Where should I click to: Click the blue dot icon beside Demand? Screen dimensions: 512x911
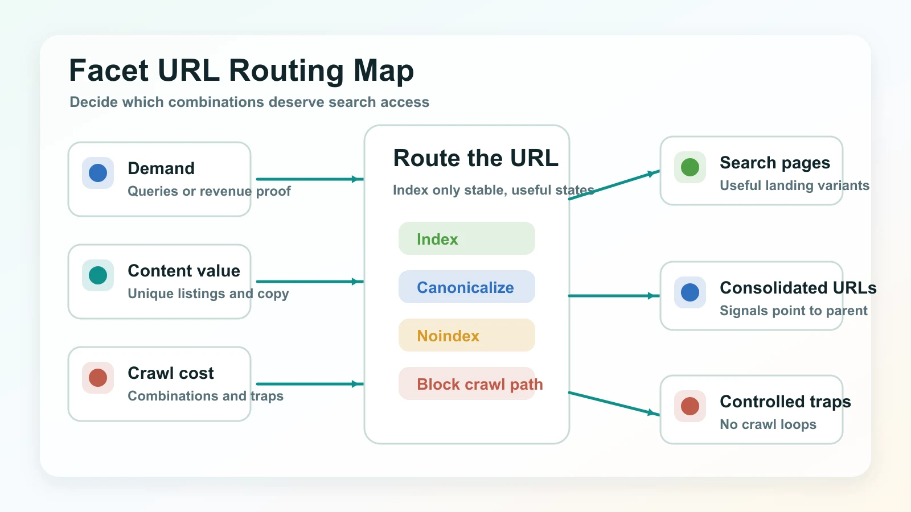98,173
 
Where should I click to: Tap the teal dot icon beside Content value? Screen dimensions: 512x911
98,275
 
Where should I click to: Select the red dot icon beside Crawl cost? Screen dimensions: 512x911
98,378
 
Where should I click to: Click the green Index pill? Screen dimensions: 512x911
466,239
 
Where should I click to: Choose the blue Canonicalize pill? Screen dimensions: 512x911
466,287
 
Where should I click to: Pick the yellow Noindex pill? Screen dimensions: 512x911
466,336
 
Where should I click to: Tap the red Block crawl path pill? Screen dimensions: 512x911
466,384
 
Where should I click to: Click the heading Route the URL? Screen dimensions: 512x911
476,158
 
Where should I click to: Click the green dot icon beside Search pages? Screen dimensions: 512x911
690,167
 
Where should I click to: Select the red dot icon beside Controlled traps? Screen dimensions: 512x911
690,406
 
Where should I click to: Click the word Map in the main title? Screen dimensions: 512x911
383,71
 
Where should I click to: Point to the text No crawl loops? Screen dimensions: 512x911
768,424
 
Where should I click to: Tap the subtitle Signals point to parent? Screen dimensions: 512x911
793,311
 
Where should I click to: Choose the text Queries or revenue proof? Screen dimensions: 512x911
209,191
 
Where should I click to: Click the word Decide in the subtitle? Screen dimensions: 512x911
93,102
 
